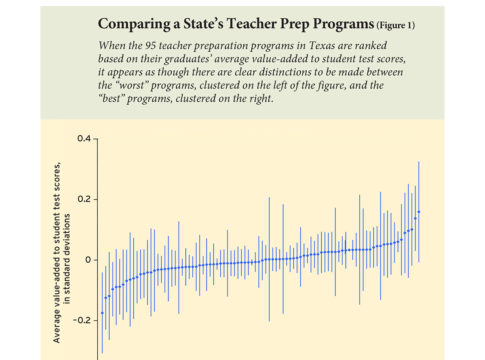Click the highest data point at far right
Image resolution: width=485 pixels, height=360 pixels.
point(419,212)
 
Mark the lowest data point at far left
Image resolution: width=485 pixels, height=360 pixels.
point(102,313)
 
